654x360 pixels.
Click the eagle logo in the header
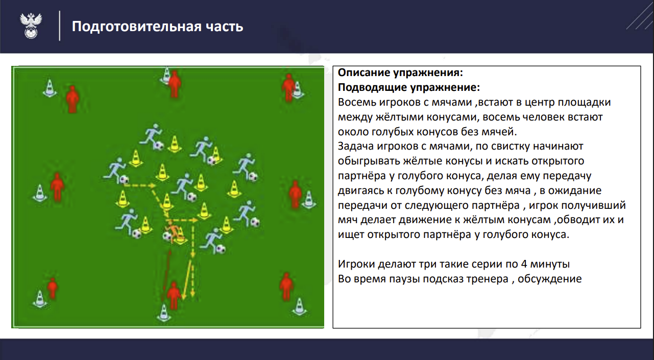click(x=31, y=26)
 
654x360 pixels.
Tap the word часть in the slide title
click(x=224, y=27)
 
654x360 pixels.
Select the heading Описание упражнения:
click(x=400, y=73)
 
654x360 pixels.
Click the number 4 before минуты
click(x=524, y=264)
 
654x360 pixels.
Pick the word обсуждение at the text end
click(x=550, y=279)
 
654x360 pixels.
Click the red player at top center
click(x=175, y=84)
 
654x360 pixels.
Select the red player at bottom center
click(x=174, y=296)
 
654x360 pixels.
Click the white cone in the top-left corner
click(x=50, y=88)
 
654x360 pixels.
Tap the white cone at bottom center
click(x=164, y=313)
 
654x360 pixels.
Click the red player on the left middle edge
click(x=57, y=187)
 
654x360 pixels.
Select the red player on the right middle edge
click(x=295, y=194)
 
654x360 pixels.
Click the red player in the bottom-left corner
click(x=53, y=287)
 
